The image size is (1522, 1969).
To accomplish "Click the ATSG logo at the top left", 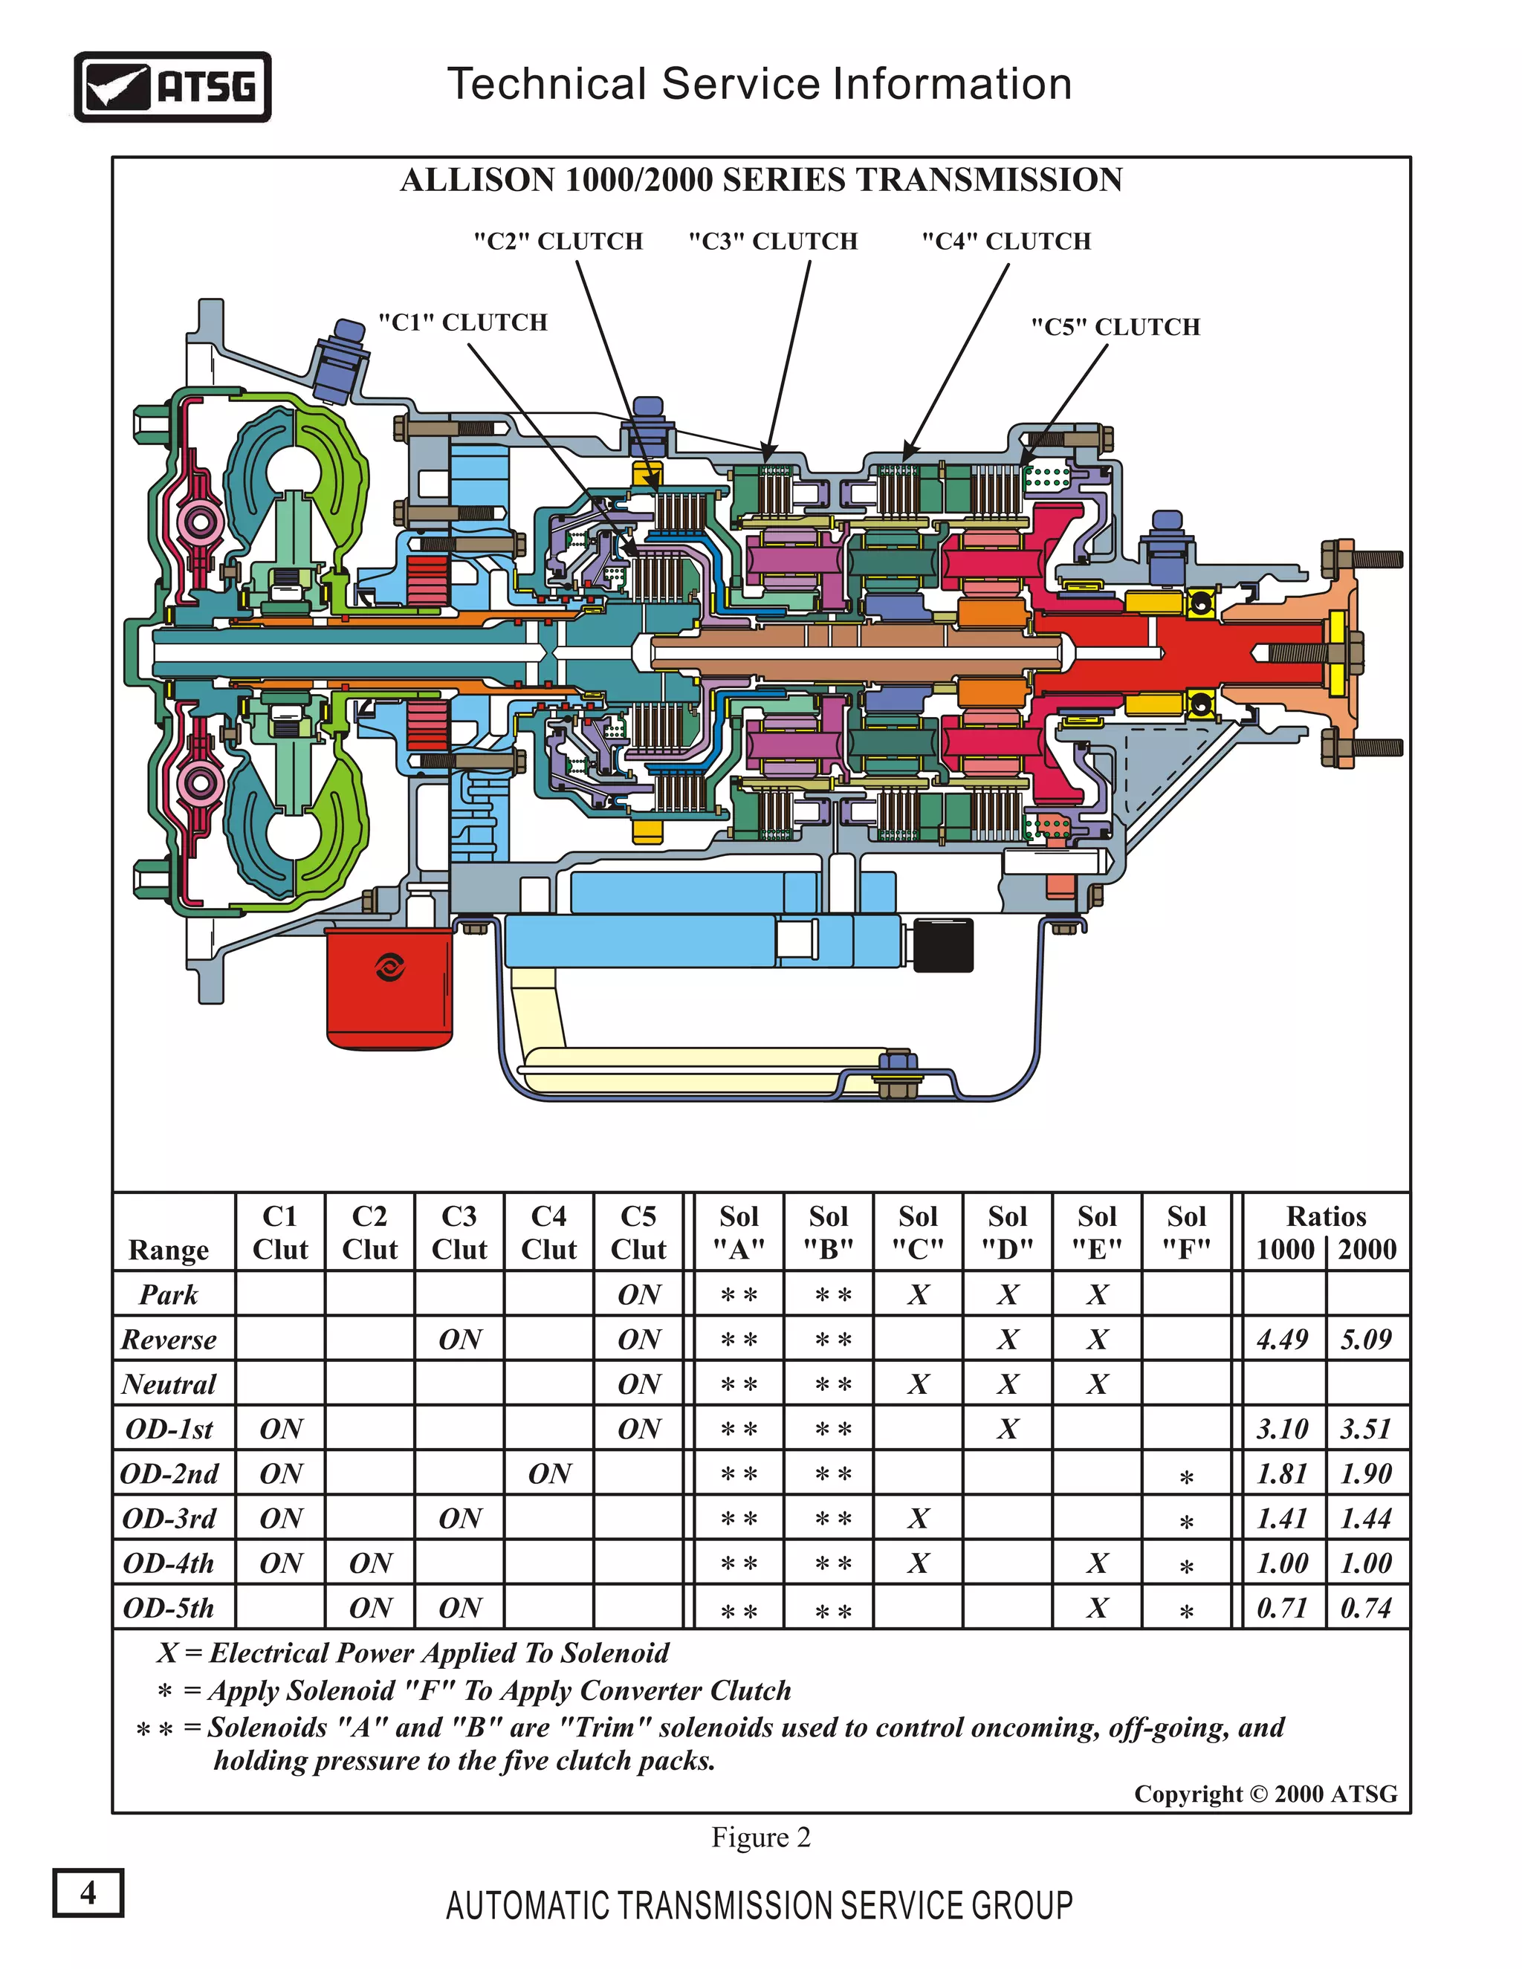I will (172, 86).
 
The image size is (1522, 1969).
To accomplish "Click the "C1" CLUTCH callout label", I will (462, 322).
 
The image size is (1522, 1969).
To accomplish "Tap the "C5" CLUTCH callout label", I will (1115, 327).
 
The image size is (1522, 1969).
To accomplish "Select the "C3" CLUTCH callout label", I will (773, 241).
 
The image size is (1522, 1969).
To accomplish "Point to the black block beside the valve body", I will (943, 945).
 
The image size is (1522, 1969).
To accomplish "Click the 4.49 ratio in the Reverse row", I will (1281, 1340).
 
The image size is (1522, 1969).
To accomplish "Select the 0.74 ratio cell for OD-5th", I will (1366, 1609).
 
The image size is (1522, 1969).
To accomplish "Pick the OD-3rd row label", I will (169, 1519).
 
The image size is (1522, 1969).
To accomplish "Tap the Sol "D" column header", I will (1007, 1233).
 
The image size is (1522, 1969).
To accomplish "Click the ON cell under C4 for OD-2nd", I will (549, 1474).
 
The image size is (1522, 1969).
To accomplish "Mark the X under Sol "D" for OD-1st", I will (1007, 1429).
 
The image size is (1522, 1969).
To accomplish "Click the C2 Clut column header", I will (369, 1233).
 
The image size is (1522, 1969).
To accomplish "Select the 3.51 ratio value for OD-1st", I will (1366, 1429).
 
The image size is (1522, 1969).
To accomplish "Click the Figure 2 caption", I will (761, 1837).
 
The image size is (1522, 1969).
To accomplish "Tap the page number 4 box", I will (88, 1892).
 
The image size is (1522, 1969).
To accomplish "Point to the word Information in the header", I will (951, 84).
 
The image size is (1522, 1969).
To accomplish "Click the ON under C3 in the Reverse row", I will (460, 1340).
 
